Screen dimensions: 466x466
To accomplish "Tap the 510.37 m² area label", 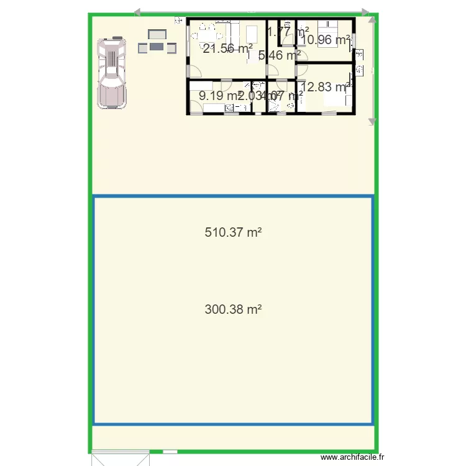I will pyautogui.click(x=232, y=233).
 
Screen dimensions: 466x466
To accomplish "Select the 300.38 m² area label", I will pyautogui.click(x=232, y=309).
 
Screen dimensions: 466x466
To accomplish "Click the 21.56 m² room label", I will pyautogui.click(x=227, y=49).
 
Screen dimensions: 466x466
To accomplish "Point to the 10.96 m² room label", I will pyautogui.click(x=325, y=40).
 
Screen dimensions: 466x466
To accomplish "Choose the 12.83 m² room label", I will pyautogui.click(x=324, y=87).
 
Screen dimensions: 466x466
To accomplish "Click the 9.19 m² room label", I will pyautogui.click(x=217, y=96).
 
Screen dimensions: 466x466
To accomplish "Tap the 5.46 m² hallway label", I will pyautogui.click(x=279, y=55).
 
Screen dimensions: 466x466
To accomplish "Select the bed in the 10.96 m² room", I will pyautogui.click(x=327, y=29).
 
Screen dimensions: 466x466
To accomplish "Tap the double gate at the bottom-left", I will pyautogui.click(x=121, y=458).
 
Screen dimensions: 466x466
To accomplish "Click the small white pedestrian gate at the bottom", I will pyautogui.click(x=170, y=452).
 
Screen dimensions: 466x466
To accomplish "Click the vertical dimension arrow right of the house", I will pyautogui.click(x=372, y=68).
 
